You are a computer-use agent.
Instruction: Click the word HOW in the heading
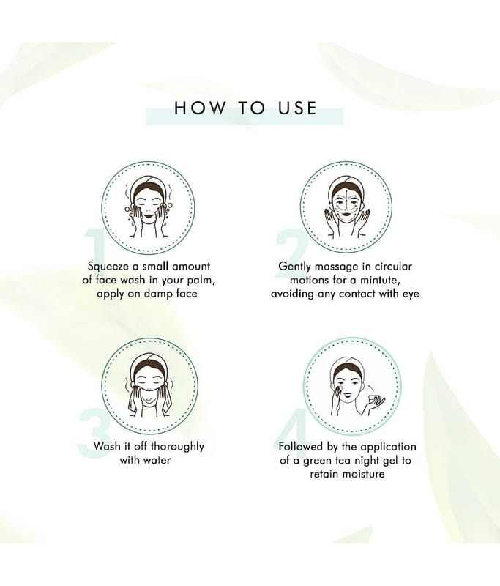coord(200,108)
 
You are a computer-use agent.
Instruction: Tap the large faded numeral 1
coord(94,248)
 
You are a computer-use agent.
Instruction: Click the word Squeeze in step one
coord(108,267)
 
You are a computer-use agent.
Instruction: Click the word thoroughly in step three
coord(177,447)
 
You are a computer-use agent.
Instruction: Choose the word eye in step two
coord(411,294)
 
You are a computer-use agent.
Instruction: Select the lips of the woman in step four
coord(346,394)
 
